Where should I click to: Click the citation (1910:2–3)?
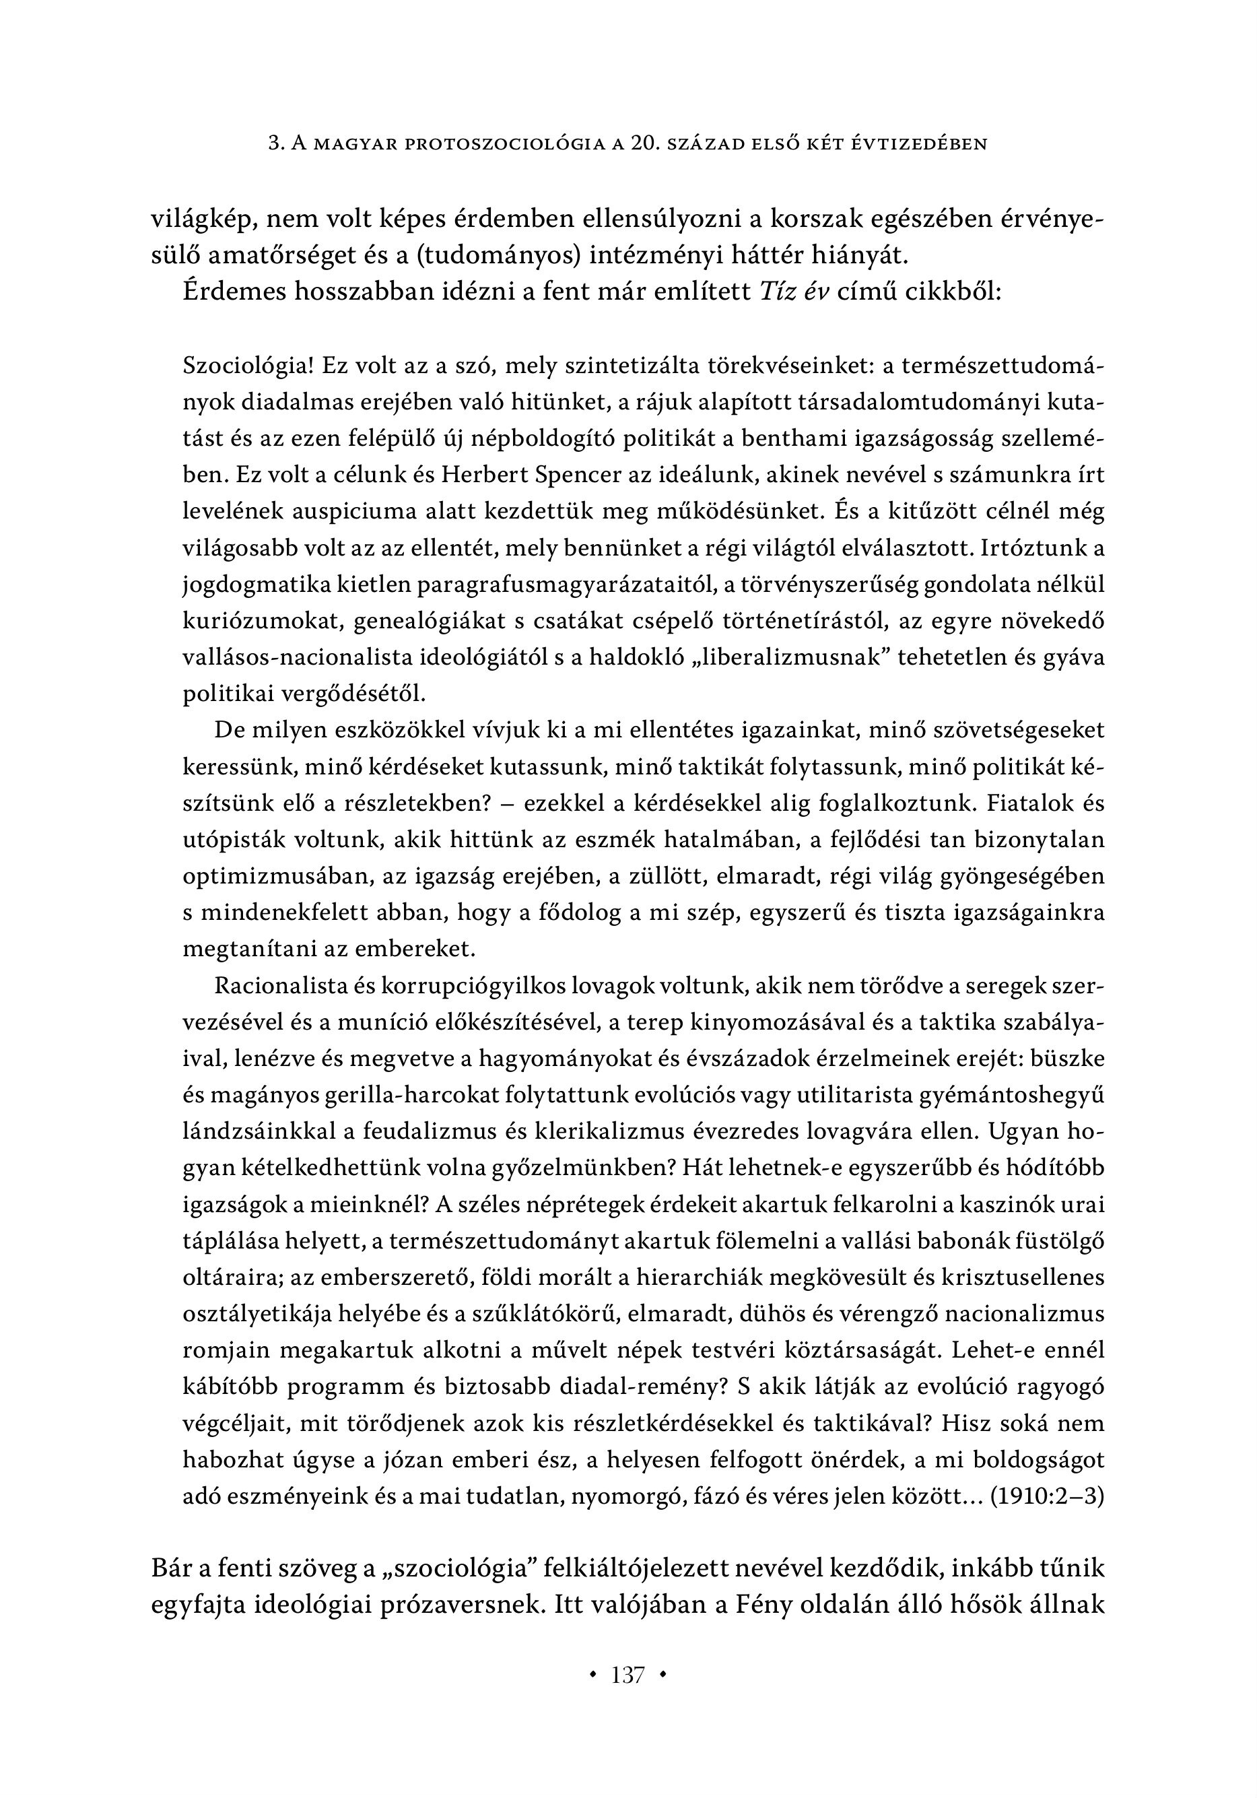point(1046,1496)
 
